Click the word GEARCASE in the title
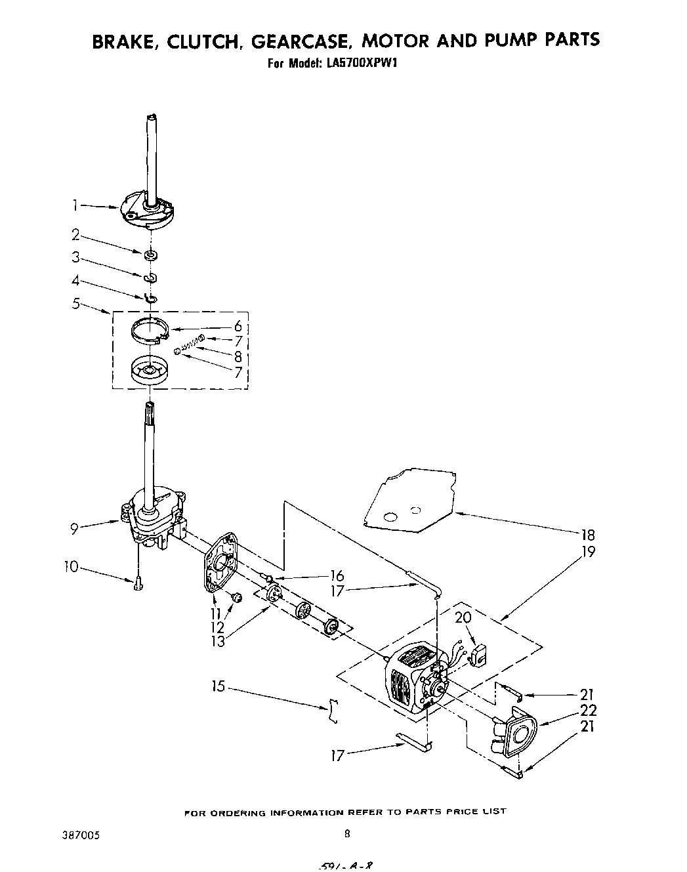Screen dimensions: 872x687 (x=304, y=41)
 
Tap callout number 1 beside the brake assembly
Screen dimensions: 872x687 (x=76, y=206)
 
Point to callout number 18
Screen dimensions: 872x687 (x=588, y=535)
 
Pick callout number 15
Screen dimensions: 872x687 (x=218, y=686)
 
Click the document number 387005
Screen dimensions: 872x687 (x=79, y=835)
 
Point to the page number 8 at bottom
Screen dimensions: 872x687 (x=347, y=835)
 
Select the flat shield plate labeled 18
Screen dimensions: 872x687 (x=410, y=497)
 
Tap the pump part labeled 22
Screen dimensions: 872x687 (x=516, y=735)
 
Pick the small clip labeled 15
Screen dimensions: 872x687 (x=335, y=711)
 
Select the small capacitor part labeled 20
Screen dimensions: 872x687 (x=480, y=653)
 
